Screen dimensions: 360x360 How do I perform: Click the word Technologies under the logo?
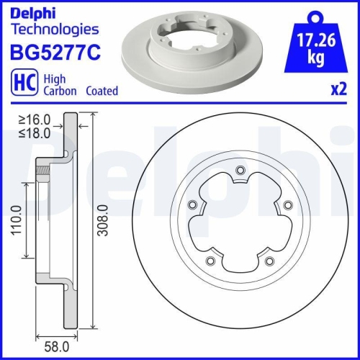coord(53,30)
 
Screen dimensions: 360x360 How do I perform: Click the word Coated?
coord(102,91)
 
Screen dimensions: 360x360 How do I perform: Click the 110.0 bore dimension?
coord(16,220)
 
